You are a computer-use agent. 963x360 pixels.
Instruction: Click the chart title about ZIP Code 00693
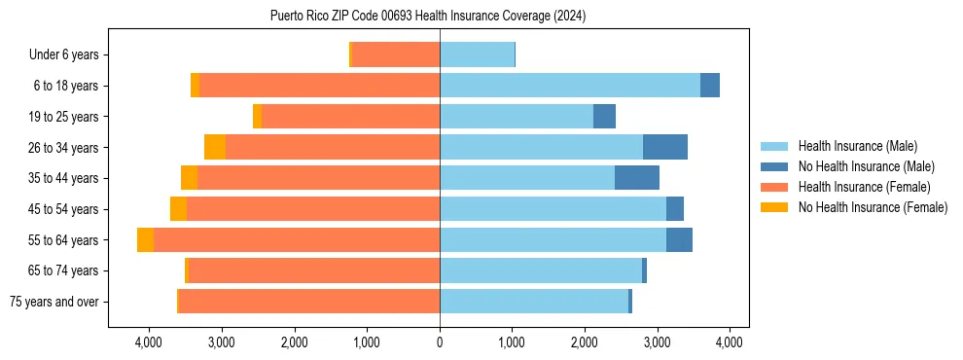pyautogui.click(x=428, y=17)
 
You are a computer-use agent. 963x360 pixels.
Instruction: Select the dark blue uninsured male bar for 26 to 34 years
pyautogui.click(x=665, y=147)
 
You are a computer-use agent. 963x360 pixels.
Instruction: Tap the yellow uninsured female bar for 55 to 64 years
pyautogui.click(x=145, y=239)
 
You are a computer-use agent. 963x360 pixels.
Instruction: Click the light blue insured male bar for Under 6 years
pyautogui.click(x=477, y=54)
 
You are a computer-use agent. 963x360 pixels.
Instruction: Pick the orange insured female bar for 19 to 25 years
pyautogui.click(x=350, y=116)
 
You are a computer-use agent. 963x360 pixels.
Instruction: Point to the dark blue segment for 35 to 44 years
pyautogui.click(x=637, y=178)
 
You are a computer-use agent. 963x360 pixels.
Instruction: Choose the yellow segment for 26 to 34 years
pyautogui.click(x=215, y=147)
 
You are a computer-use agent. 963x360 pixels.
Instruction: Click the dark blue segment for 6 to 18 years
pyautogui.click(x=710, y=86)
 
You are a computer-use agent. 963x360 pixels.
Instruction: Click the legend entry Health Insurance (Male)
pyautogui.click(x=857, y=146)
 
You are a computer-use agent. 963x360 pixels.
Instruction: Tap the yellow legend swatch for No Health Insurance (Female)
pyautogui.click(x=775, y=207)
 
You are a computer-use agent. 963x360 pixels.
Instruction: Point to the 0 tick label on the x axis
pyautogui.click(x=440, y=342)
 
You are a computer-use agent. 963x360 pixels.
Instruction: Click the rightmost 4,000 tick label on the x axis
pyautogui.click(x=731, y=342)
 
